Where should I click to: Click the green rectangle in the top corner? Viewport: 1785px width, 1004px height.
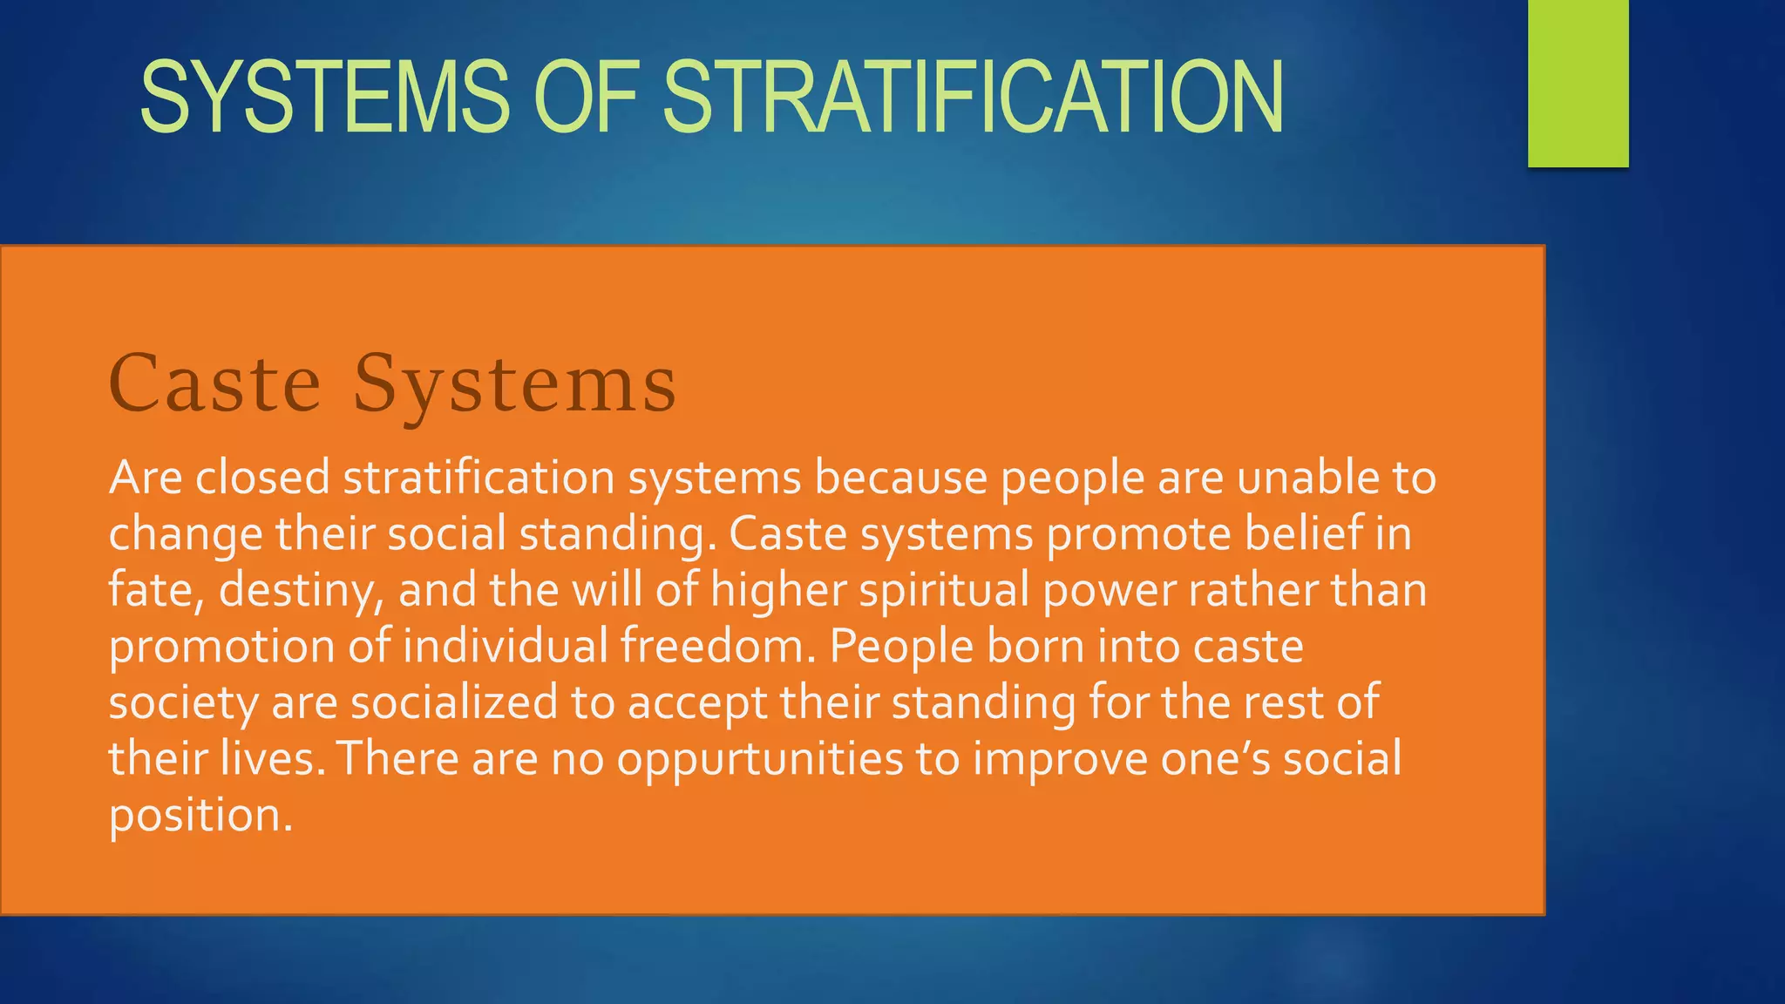[1578, 83]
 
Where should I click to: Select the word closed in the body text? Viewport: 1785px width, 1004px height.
[262, 478]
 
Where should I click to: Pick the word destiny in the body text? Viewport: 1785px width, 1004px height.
[301, 591]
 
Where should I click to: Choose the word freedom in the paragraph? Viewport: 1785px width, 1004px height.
[718, 647]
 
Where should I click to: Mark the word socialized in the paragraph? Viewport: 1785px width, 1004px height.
[454, 702]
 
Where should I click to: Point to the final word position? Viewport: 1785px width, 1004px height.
[200, 816]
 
